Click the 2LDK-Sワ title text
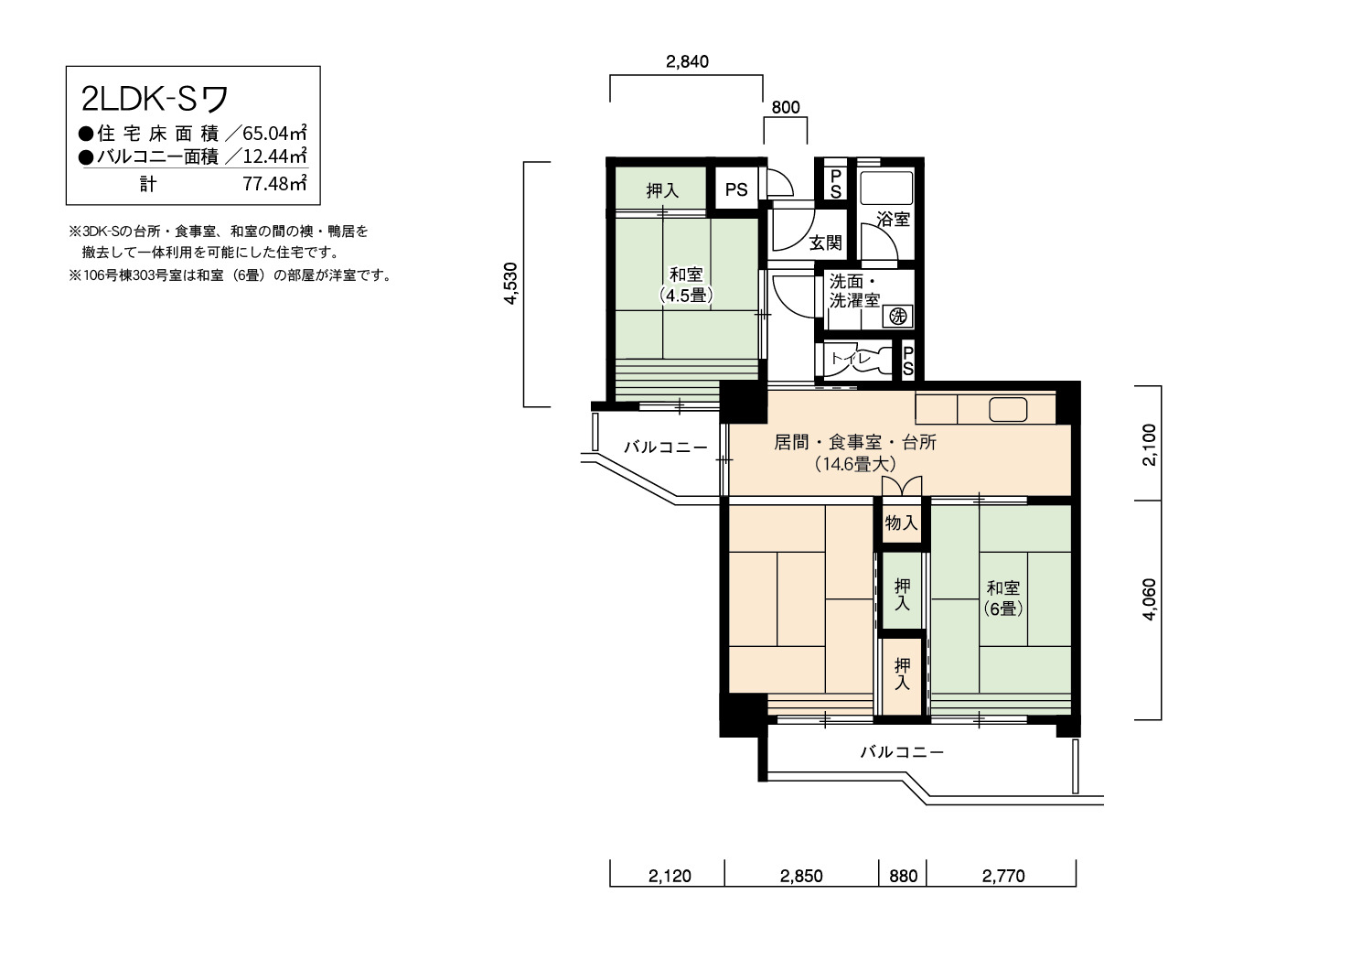coord(155,98)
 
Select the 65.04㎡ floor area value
coord(274,133)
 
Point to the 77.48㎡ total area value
coord(274,183)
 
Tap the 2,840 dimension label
coord(687,61)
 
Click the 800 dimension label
coord(786,107)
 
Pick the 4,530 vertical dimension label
coord(510,284)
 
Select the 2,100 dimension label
coord(1149,445)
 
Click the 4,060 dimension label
coord(1149,599)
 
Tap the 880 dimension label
coord(904,876)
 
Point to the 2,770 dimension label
coord(1003,876)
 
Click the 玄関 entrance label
coord(826,242)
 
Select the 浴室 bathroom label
coord(893,219)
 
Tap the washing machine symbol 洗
coord(898,317)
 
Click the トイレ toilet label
coord(851,359)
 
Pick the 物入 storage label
coord(902,523)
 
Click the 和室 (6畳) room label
coord(1003,598)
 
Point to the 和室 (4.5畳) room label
coord(686,285)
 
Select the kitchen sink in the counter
coord(1008,409)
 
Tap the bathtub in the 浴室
coord(886,188)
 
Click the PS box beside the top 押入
coord(736,189)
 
